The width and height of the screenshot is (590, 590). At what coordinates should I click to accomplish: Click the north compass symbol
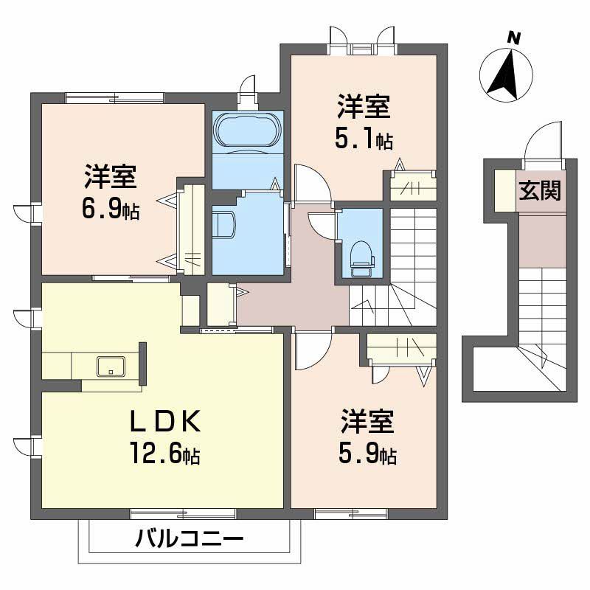click(507, 74)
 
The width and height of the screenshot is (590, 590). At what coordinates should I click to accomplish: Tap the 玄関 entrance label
click(539, 191)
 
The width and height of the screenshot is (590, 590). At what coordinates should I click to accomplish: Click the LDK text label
click(165, 421)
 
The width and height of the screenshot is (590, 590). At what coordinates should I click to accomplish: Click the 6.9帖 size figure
click(111, 211)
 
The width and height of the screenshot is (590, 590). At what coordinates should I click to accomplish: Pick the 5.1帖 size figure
click(364, 139)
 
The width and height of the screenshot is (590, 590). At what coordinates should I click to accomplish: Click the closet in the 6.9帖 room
click(192, 229)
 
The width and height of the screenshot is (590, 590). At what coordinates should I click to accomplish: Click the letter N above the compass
click(515, 36)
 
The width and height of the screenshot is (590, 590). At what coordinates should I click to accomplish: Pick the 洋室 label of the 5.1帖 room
click(364, 108)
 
